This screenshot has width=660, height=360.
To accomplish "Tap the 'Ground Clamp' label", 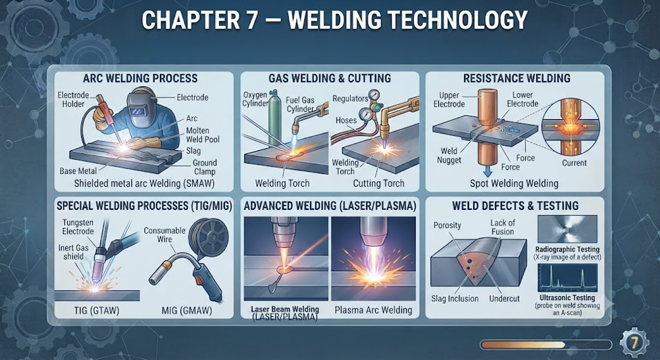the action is tap(205, 167).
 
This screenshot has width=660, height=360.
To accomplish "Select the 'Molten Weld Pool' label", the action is tap(203, 135).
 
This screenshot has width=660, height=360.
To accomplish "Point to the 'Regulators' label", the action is tap(350, 99).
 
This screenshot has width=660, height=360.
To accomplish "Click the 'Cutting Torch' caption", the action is tap(378, 183).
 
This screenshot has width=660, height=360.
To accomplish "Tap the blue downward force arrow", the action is tap(488, 170).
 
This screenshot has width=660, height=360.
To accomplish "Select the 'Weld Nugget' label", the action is tap(449, 155).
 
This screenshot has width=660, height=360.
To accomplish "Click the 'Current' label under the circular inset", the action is tap(574, 163).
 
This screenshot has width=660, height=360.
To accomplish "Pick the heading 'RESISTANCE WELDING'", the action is tap(517, 78).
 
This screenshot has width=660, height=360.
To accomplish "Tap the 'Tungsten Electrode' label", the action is tap(78, 227).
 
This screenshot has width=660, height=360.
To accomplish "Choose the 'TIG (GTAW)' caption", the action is tap(96, 311).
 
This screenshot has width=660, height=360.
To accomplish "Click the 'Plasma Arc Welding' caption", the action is tap(373, 311).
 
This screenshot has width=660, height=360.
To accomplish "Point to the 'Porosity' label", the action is tap(447, 225).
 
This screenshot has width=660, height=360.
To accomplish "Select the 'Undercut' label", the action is tap(504, 299).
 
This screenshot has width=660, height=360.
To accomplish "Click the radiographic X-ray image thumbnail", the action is tap(567, 229).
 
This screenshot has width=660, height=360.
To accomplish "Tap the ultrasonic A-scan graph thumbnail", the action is tap(567, 278).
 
